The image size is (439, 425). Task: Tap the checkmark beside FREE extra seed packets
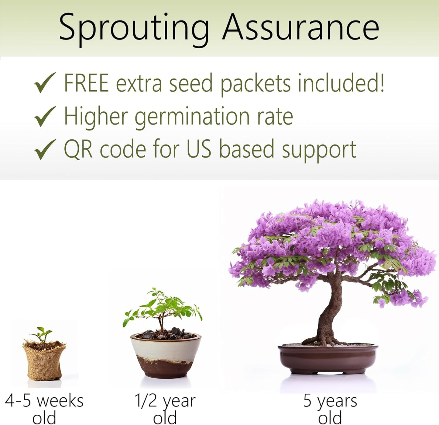pos(45,83)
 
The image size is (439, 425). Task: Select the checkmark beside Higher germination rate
pos(45,116)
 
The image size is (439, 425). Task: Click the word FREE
pos(86,83)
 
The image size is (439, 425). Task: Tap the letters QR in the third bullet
pos(78,149)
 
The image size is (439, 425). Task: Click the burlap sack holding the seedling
pos(44,362)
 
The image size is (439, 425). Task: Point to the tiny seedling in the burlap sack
pos(42,335)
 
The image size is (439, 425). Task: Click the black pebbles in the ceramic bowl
pos(167,334)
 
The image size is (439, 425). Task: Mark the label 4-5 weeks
pos(44,401)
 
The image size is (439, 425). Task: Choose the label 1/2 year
pos(165,401)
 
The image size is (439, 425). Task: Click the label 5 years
pos(330,401)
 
